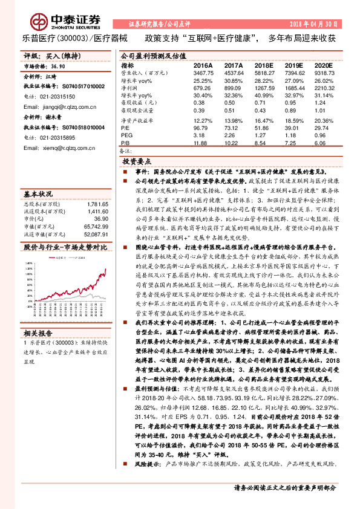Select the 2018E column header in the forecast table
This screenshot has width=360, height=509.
[x=263, y=65]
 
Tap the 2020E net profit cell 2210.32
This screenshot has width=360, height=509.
[x=324, y=88]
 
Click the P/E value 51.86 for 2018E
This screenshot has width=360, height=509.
[x=263, y=129]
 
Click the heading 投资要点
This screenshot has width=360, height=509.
[x=137, y=163]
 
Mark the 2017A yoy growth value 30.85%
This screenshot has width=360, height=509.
[x=233, y=80]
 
